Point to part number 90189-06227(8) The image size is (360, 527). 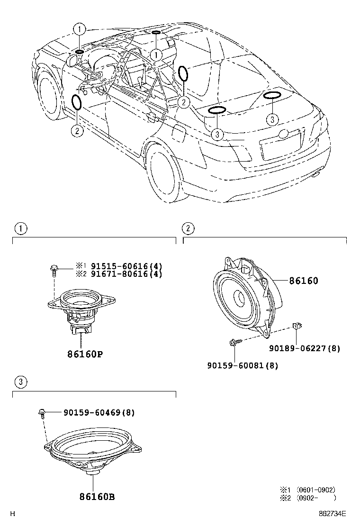[x=305, y=348]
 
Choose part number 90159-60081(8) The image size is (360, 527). [x=243, y=365]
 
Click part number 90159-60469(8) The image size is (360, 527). [x=99, y=412]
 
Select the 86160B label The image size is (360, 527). [x=94, y=497]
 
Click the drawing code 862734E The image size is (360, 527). [x=333, y=513]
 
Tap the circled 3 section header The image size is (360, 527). [x=19, y=382]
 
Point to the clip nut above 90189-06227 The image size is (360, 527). [x=297, y=325]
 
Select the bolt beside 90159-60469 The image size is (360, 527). [x=42, y=413]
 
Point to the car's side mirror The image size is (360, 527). [x=73, y=60]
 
